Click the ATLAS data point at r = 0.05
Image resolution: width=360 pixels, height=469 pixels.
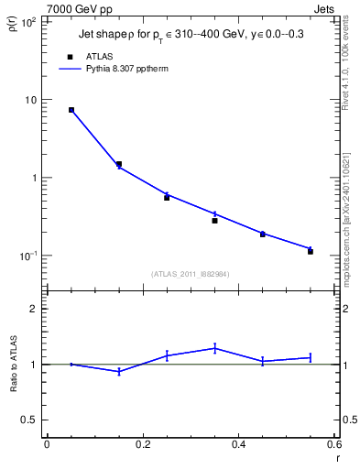[x=71, y=110]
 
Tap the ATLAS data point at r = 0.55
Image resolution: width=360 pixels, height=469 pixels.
[x=311, y=251]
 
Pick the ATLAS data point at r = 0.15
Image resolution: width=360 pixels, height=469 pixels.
[x=119, y=164]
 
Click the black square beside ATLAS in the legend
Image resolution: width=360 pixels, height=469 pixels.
[x=71, y=56]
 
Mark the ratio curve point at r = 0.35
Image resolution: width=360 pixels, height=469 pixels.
[x=214, y=348]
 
